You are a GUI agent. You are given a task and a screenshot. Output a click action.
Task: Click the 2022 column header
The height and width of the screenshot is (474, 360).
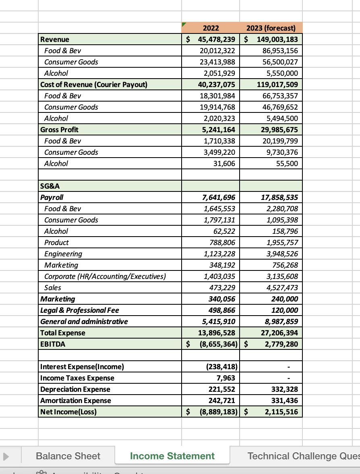click(211, 28)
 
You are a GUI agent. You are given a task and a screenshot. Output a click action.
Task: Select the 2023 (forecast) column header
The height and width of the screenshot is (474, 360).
click(271, 28)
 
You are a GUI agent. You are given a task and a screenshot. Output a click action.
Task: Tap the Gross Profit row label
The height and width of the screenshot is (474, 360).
click(60, 130)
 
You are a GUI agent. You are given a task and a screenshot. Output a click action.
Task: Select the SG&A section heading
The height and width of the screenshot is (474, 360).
click(50, 186)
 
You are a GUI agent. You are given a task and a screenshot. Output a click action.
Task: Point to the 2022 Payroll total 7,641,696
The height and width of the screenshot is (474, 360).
click(218, 197)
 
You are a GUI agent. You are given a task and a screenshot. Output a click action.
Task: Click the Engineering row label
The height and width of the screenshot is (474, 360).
click(63, 254)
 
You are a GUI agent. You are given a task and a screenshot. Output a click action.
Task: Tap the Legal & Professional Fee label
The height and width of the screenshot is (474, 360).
click(80, 310)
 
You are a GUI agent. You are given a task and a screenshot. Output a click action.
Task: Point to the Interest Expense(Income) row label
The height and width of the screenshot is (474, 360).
click(82, 367)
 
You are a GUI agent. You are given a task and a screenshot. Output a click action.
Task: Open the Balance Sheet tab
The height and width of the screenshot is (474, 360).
click(68, 456)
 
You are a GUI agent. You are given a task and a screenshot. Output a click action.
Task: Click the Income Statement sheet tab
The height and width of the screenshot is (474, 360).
click(172, 456)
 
